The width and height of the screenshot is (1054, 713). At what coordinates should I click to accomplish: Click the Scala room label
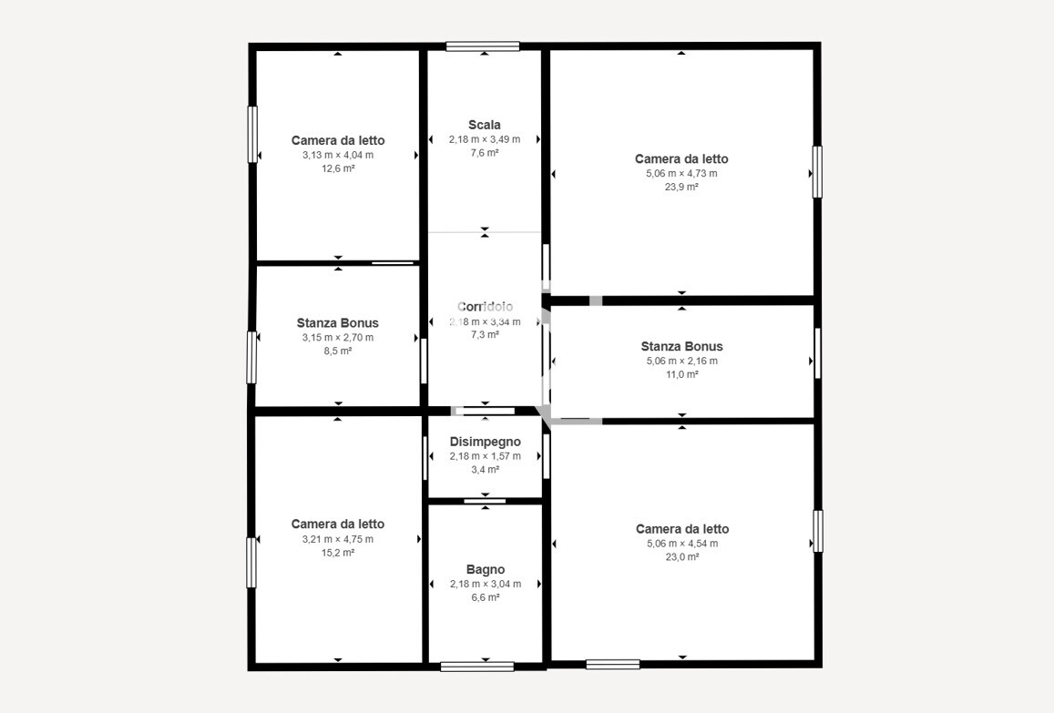coord(484,125)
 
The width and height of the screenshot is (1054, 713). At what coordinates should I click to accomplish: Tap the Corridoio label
coord(485,307)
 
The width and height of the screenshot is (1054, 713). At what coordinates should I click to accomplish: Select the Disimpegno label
coord(485,442)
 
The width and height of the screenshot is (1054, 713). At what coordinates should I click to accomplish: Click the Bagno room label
coord(486,570)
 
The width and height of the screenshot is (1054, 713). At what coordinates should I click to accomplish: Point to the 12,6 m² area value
coord(337,168)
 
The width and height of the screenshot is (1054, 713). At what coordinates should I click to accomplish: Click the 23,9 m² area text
coord(681,187)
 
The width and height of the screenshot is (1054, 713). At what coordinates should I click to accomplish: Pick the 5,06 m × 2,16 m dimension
coord(681,361)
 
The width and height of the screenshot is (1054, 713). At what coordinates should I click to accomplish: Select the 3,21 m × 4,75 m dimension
coord(337,539)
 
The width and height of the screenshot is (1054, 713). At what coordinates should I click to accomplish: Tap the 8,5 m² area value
coord(337,351)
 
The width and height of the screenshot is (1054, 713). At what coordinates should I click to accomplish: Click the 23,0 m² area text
coord(681,557)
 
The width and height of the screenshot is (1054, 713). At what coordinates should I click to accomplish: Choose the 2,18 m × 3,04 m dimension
coord(486,584)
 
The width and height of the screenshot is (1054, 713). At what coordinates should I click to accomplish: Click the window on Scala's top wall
coord(483,46)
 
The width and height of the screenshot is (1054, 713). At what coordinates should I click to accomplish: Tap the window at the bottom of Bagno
coord(477,667)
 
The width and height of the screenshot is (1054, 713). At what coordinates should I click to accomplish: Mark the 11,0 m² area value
coord(681,374)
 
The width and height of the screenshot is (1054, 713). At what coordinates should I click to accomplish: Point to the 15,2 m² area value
coord(337,553)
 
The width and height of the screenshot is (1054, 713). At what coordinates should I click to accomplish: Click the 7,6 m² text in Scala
coord(484,153)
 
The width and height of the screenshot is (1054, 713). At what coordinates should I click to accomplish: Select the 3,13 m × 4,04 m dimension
coord(337,155)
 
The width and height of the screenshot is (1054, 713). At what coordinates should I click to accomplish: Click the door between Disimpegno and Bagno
coord(485,501)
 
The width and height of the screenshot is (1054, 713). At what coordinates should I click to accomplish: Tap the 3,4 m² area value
coord(486,470)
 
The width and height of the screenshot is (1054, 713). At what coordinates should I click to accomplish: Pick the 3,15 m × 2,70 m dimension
coord(337,337)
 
